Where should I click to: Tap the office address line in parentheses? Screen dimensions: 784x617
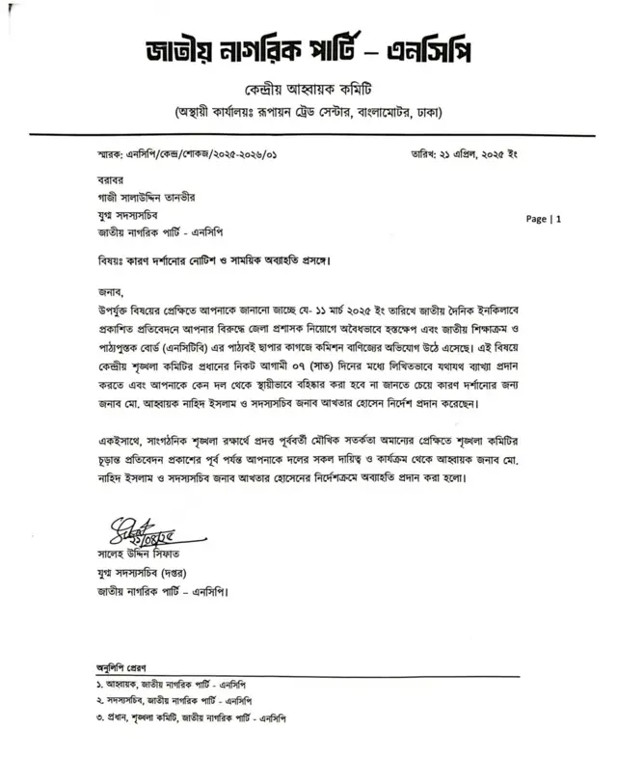(308, 113)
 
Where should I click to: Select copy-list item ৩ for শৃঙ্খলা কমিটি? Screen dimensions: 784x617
(192, 717)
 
